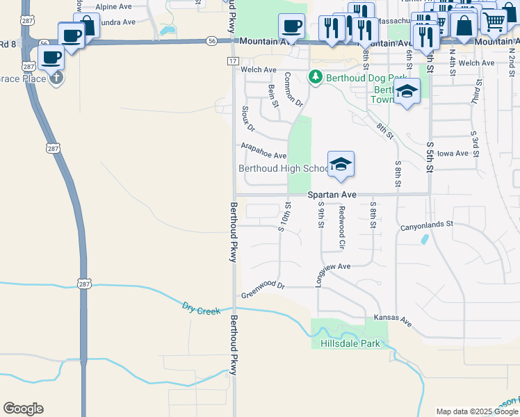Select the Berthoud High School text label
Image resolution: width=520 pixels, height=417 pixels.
tap(284, 168)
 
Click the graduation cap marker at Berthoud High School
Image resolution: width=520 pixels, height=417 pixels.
tap(341, 164)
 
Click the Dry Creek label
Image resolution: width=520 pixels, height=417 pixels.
tap(201, 308)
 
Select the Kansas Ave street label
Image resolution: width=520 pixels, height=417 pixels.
tap(393, 320)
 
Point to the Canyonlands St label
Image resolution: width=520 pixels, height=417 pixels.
tap(426, 224)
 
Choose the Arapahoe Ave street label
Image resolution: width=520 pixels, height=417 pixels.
tap(263, 152)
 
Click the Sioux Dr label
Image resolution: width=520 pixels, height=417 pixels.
tap(248, 119)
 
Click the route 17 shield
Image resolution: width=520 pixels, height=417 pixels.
tap(232, 62)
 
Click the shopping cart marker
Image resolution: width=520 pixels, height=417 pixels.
tap(494, 22)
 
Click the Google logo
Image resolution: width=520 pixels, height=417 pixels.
tap(23, 409)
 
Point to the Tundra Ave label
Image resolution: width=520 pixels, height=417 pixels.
tap(115, 22)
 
